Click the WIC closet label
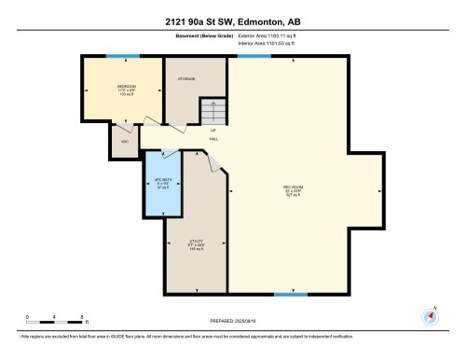click(124, 142)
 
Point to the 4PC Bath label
click(162, 184)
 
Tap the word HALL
click(213, 139)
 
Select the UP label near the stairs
click(212, 130)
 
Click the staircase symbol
click(213, 111)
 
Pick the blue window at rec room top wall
click(254, 56)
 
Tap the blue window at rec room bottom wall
click(291, 296)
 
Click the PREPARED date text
click(233, 319)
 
